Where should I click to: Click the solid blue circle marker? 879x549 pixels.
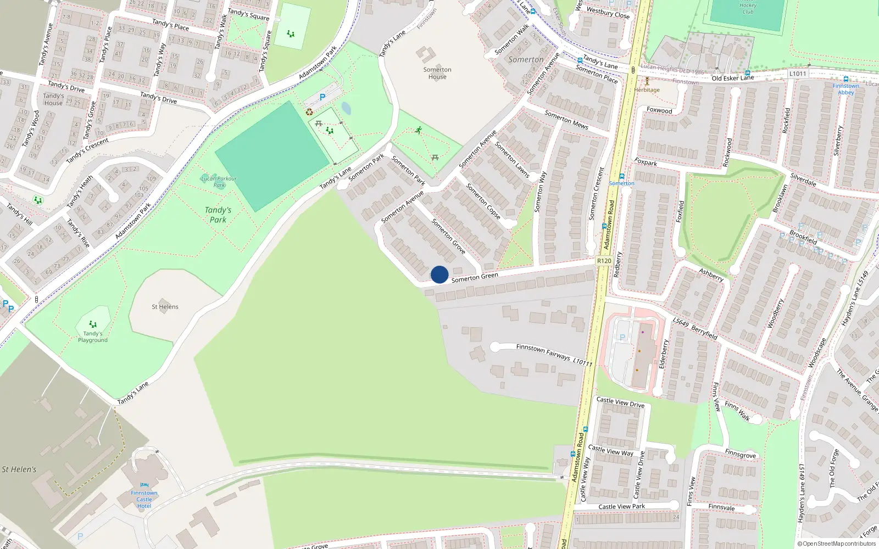(439, 274)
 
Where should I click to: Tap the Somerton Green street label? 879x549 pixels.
(475, 277)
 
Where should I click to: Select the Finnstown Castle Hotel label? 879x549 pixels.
(144, 499)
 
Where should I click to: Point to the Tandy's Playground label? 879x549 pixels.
(93, 337)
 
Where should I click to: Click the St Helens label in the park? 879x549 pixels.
(165, 307)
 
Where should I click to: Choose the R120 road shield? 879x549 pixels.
(604, 261)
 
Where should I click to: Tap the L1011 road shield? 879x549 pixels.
(798, 74)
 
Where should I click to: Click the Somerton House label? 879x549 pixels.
(437, 73)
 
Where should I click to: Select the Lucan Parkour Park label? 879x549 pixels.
(219, 181)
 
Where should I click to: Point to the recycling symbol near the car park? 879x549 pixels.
(309, 112)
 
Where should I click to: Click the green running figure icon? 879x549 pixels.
(419, 130)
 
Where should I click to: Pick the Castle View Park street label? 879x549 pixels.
(622, 507)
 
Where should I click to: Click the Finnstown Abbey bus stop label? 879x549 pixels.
(846, 89)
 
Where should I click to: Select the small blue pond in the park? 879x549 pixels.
(346, 108)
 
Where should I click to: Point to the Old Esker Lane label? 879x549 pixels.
(733, 78)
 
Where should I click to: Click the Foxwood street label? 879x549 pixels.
(659, 110)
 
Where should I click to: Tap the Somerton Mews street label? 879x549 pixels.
(566, 120)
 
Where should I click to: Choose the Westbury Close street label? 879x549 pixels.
(608, 12)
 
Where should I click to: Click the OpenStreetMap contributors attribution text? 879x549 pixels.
(837, 544)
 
